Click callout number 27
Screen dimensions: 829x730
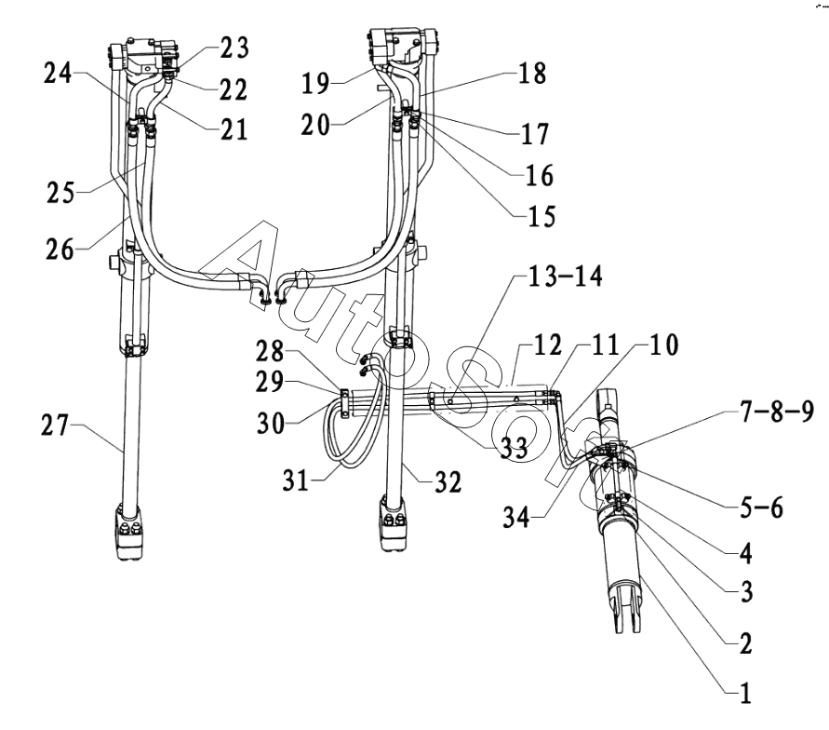[55, 426]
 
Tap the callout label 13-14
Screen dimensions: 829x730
[565, 277]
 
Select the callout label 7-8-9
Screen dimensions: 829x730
[777, 411]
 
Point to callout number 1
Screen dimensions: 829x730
[745, 693]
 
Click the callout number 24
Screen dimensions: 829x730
[58, 73]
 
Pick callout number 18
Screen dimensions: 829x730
[532, 73]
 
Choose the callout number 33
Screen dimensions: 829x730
[514, 448]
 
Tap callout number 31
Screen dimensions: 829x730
[296, 480]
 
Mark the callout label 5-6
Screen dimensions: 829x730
[761, 507]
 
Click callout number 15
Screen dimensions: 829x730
[542, 216]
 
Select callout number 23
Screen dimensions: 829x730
[234, 47]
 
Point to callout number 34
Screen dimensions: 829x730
[516, 517]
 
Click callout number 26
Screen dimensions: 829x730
[60, 250]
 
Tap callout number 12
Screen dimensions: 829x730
[547, 345]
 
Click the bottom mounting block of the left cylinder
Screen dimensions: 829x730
[128, 533]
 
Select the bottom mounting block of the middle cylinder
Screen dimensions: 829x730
[393, 523]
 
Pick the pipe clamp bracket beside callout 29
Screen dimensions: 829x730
[344, 404]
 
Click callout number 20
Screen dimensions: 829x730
[315, 126]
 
